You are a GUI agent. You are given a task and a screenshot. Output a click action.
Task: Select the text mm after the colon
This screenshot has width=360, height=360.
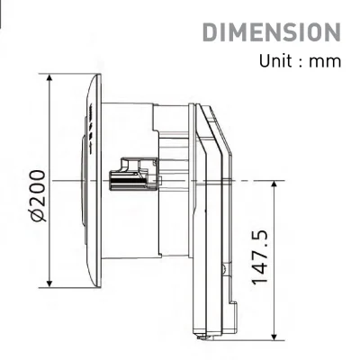tap(327, 62)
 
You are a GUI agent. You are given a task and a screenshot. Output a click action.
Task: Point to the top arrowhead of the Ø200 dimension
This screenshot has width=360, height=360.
tap(49, 78)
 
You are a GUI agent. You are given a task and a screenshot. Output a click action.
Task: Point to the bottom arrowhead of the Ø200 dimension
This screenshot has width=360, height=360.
tap(49, 283)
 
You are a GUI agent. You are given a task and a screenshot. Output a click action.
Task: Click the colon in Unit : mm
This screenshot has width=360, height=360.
tap(305, 63)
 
